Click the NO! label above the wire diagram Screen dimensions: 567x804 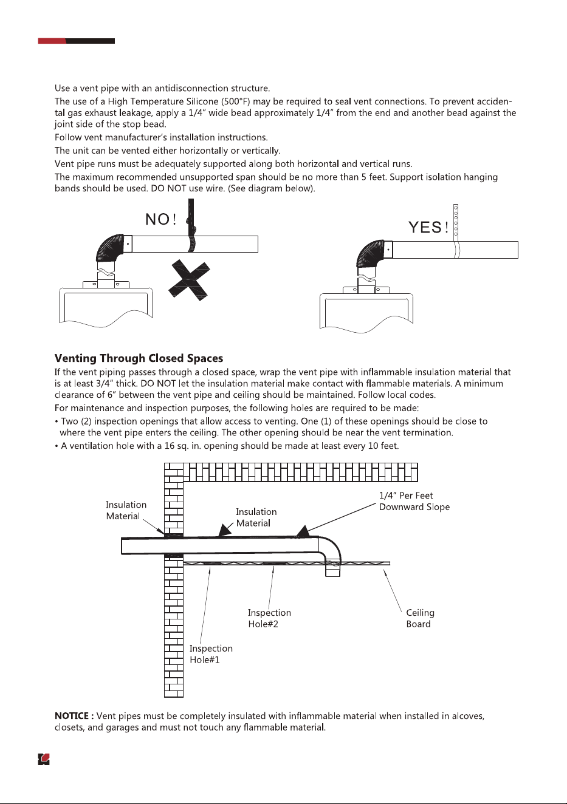point(161,219)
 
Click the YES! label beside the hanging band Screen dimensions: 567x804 point(428,227)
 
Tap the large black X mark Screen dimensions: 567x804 point(189,281)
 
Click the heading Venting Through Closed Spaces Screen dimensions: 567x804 point(139,358)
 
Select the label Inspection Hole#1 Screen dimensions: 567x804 point(211,653)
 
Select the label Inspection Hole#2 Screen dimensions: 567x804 point(269,618)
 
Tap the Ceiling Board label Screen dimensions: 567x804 point(420,618)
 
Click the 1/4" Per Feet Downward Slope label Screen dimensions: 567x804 point(414,501)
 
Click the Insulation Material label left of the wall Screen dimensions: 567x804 point(126,511)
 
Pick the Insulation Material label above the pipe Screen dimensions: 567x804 point(256,517)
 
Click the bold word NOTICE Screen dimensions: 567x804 point(74,716)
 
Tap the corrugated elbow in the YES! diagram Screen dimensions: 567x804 point(370,254)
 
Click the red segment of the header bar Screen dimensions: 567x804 point(52,41)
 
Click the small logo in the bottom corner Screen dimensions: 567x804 point(44,759)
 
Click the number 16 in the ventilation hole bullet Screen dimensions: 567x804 point(169,446)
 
